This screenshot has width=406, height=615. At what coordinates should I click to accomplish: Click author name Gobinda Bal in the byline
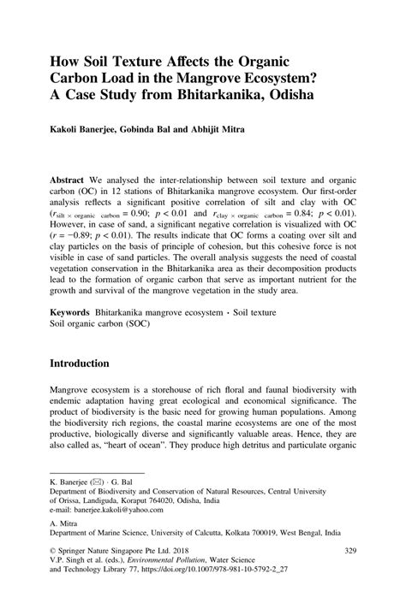click(175, 133)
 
